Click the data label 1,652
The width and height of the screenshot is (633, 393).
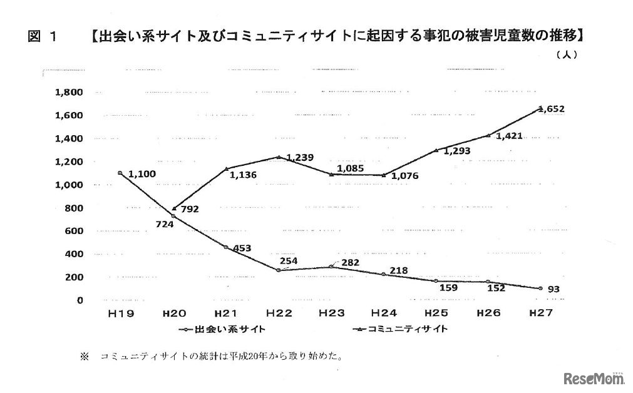click(x=552, y=109)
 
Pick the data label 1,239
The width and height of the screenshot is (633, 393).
click(x=299, y=158)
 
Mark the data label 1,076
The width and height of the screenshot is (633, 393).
click(x=406, y=176)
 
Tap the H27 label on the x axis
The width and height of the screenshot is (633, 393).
click(x=540, y=313)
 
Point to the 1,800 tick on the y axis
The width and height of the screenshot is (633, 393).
click(x=69, y=93)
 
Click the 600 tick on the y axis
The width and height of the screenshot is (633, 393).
click(x=74, y=231)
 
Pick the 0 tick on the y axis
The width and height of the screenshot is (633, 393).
click(x=80, y=300)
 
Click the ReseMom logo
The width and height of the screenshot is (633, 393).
click(x=593, y=378)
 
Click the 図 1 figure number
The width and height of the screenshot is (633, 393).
click(x=42, y=37)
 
